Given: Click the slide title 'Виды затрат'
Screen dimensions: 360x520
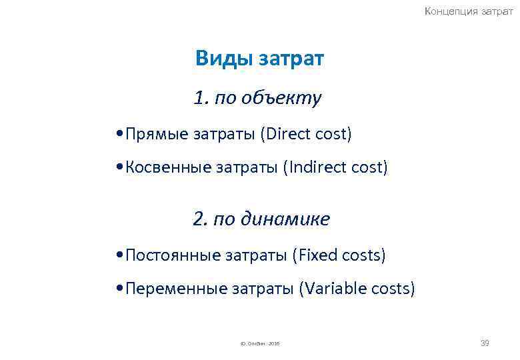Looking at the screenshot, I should (x=259, y=59).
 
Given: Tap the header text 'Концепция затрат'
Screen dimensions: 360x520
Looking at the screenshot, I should (x=469, y=12).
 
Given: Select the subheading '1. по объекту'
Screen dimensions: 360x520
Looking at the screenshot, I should (x=257, y=99).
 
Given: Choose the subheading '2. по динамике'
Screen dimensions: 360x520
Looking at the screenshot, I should (x=261, y=219).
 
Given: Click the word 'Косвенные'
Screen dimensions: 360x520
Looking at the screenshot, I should (x=168, y=168).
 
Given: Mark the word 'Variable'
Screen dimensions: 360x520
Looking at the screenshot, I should (x=333, y=289).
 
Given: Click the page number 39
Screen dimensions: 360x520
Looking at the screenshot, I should (x=485, y=343).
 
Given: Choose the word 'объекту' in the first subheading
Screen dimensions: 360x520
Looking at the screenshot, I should (x=288, y=99).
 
